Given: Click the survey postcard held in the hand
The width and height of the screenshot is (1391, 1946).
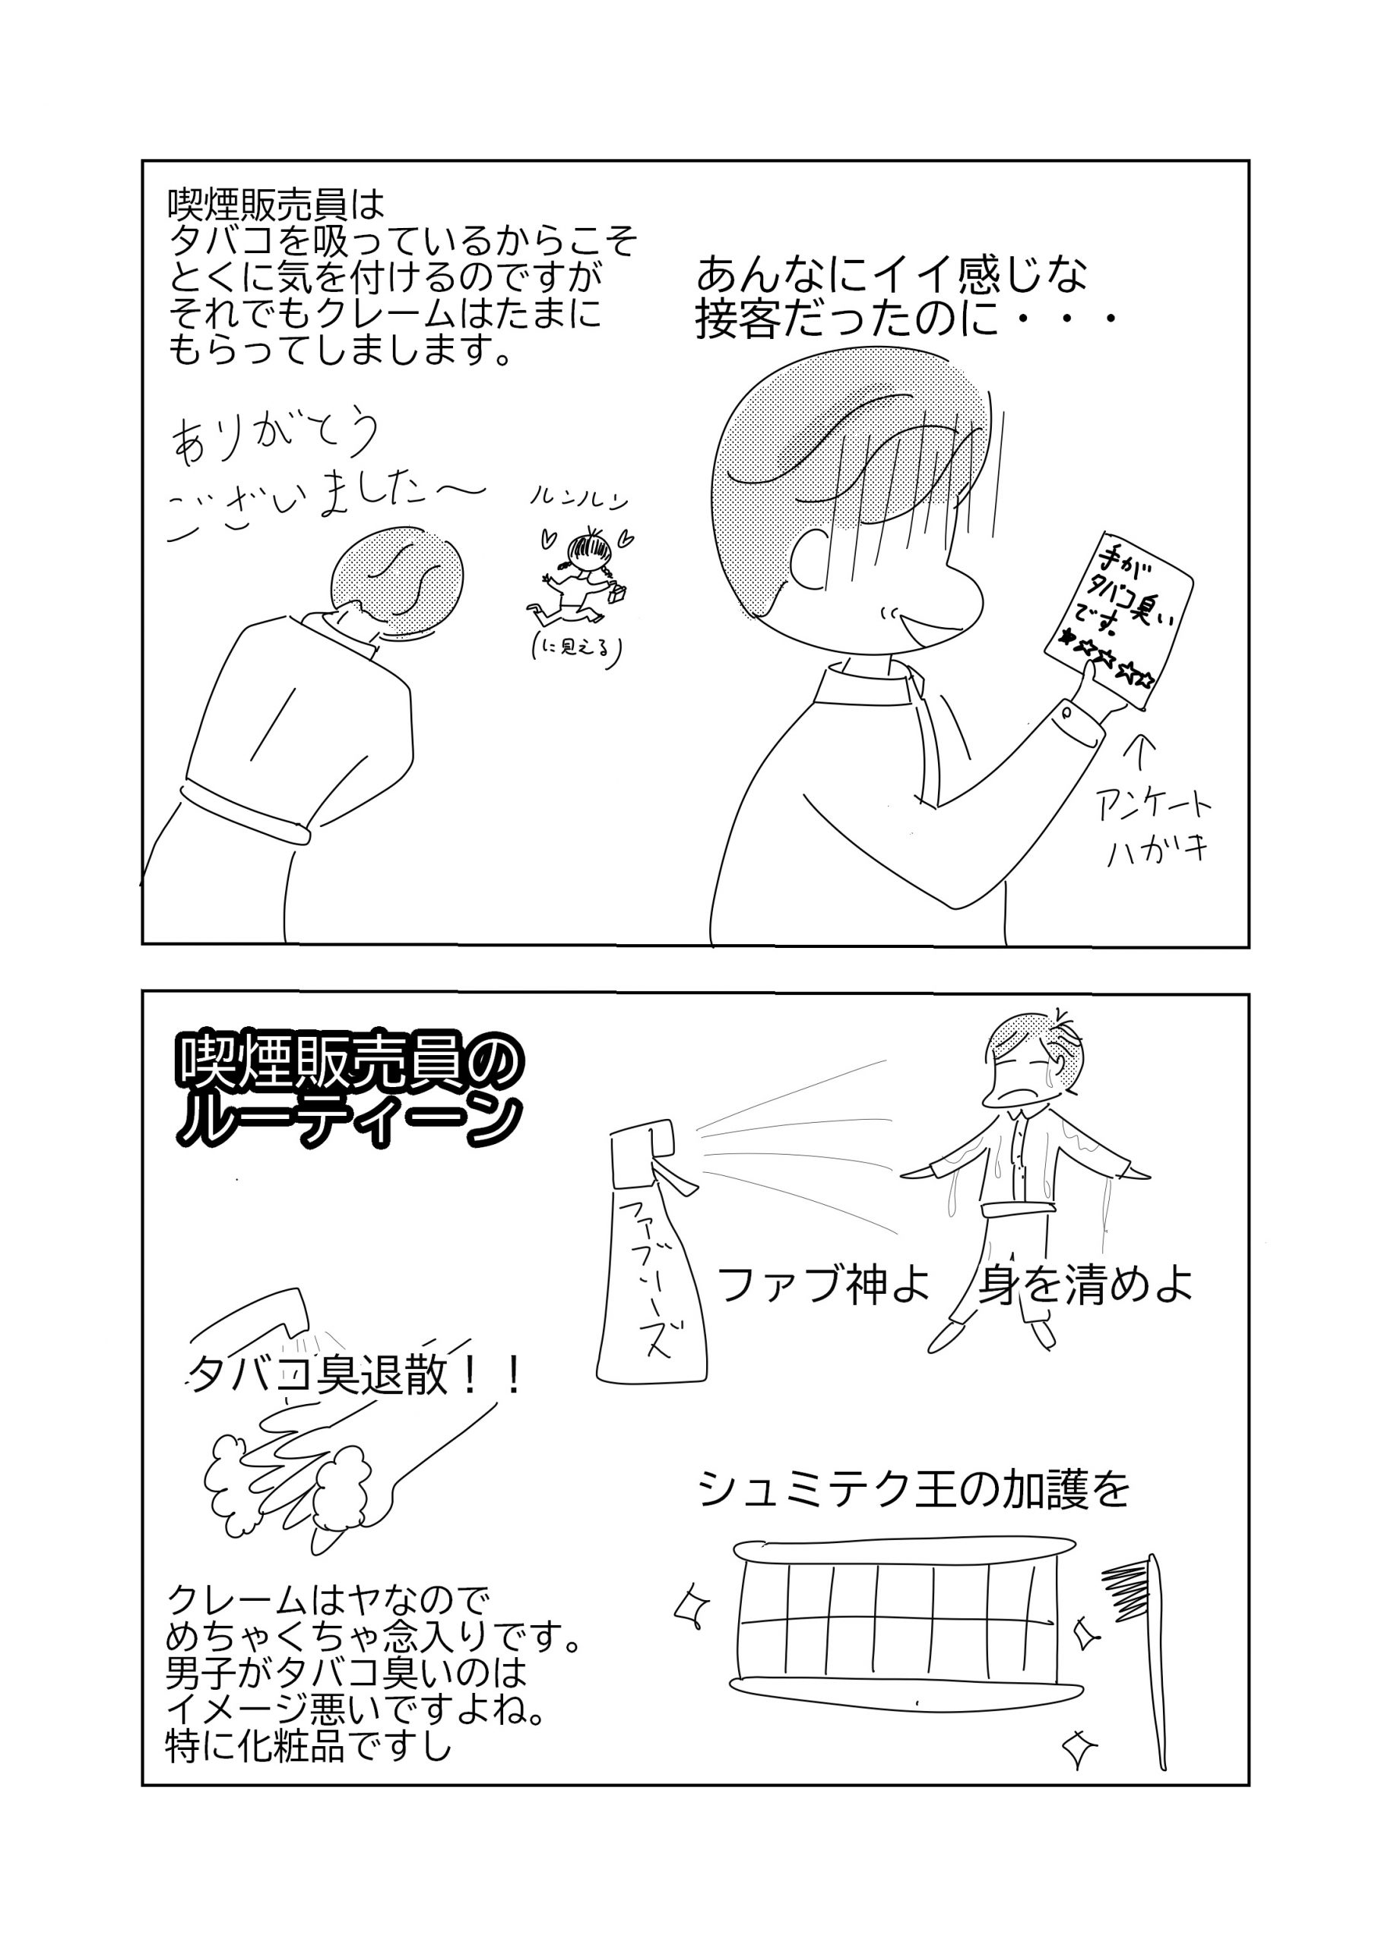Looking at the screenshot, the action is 1119,621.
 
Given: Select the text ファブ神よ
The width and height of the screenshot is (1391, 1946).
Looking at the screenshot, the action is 823,1285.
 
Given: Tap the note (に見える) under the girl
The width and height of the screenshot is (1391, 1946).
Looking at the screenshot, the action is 575,649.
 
